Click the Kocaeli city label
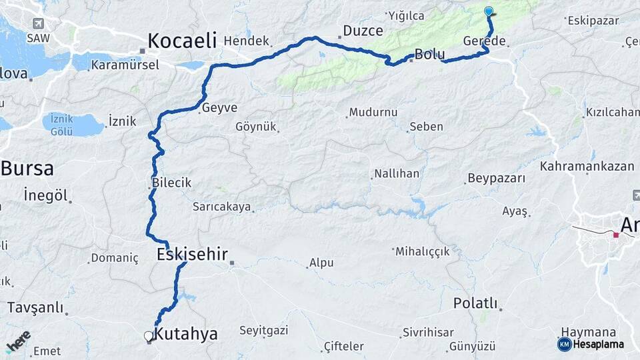tap(182, 41)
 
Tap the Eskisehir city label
tap(192, 254)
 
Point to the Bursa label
tap(27, 168)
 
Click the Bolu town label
tap(429, 55)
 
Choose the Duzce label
tap(363, 31)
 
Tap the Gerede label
tap(484, 41)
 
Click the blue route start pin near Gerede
tap(489, 11)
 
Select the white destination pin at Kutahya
tap(149, 337)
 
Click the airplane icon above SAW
tap(38, 23)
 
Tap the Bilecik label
tap(171, 182)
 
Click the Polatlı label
tap(475, 303)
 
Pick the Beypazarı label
tap(496, 178)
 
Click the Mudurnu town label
tap(373, 112)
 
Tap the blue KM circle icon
tap(564, 344)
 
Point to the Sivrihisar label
tap(428, 332)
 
